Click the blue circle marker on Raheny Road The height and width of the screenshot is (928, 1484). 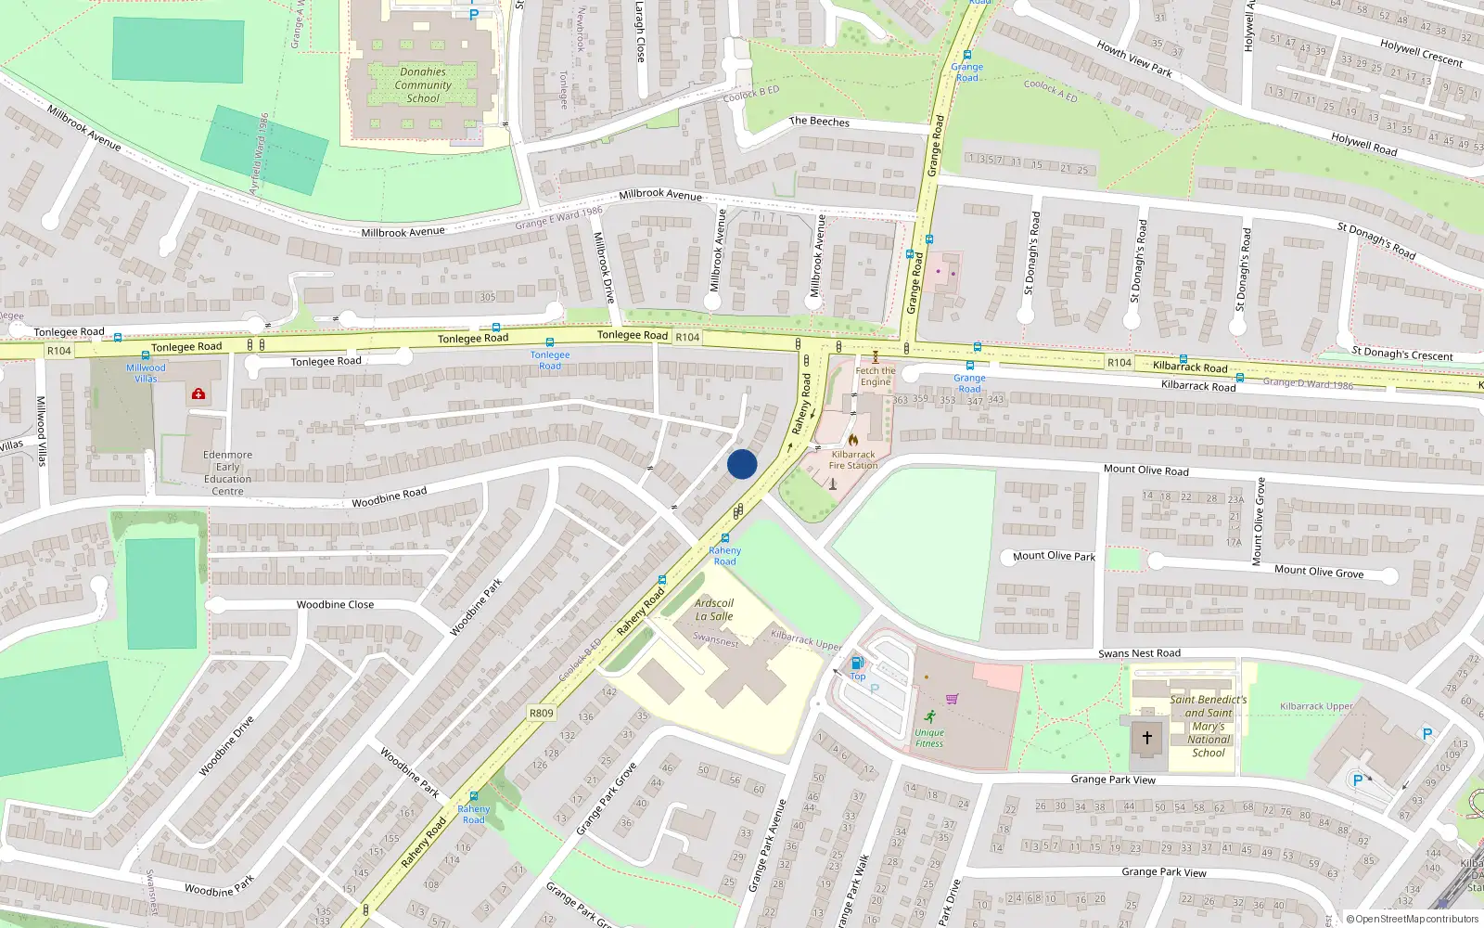tap(742, 464)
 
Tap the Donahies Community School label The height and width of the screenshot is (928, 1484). tap(423, 84)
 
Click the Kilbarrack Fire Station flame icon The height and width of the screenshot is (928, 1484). tap(853, 439)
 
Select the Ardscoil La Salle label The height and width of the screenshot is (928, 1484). tap(714, 610)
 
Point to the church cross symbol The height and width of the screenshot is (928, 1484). tap(1147, 738)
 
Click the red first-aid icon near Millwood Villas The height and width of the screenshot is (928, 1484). tap(198, 393)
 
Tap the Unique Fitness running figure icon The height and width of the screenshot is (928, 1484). tap(929, 716)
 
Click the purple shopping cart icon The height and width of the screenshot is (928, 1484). tap(952, 699)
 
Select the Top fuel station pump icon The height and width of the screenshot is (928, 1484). tap(857, 663)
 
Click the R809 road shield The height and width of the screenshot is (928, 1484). tap(542, 713)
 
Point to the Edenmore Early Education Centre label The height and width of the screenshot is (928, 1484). tap(227, 473)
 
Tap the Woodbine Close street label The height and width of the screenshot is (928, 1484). tap(335, 604)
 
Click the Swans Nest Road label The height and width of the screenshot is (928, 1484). tap(1139, 653)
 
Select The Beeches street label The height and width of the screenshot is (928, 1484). tap(819, 122)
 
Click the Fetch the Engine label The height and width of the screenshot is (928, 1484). tap(875, 376)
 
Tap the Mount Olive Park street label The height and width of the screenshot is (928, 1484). tap(1054, 556)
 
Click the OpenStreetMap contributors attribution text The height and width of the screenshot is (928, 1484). tap(1413, 919)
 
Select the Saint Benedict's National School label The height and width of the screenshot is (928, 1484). tap(1208, 726)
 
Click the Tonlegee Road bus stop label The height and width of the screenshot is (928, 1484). tap(550, 360)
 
